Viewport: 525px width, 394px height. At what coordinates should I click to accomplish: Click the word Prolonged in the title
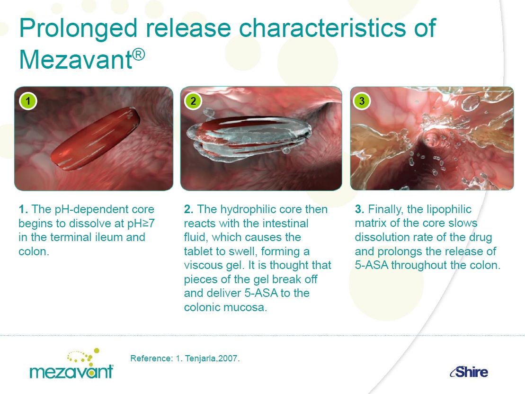pyautogui.click(x=79, y=28)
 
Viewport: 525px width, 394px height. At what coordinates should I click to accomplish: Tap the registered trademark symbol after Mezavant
pyautogui.click(x=139, y=54)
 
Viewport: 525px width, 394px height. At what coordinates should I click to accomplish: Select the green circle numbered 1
pyautogui.click(x=28, y=101)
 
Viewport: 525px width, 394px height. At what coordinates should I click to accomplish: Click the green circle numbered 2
pyautogui.click(x=193, y=101)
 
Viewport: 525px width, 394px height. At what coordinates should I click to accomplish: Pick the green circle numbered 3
pyautogui.click(x=362, y=101)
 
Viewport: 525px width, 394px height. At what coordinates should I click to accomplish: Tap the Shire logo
pyautogui.click(x=469, y=372)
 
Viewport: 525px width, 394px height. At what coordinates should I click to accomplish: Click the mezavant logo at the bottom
pyautogui.click(x=71, y=364)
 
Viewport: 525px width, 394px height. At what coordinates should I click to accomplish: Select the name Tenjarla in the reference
pyautogui.click(x=200, y=358)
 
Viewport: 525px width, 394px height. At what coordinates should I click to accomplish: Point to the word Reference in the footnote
pyautogui.click(x=151, y=358)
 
